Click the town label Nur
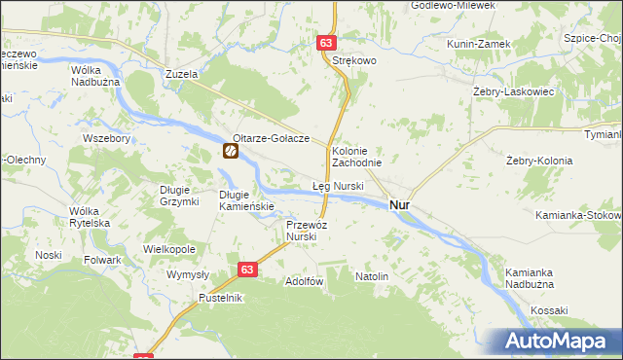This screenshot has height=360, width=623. [399, 205]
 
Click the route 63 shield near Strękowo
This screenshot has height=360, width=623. [326, 44]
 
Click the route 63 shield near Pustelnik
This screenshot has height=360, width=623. [247, 270]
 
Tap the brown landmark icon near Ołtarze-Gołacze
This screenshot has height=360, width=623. [231, 152]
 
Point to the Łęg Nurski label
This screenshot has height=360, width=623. [338, 185]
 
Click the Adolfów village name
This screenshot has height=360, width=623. [303, 281]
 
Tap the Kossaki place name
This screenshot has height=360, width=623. [550, 309]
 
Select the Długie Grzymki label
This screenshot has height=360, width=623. [179, 195]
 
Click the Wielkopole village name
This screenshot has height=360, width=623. [169, 249]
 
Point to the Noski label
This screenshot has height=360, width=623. [49, 255]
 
